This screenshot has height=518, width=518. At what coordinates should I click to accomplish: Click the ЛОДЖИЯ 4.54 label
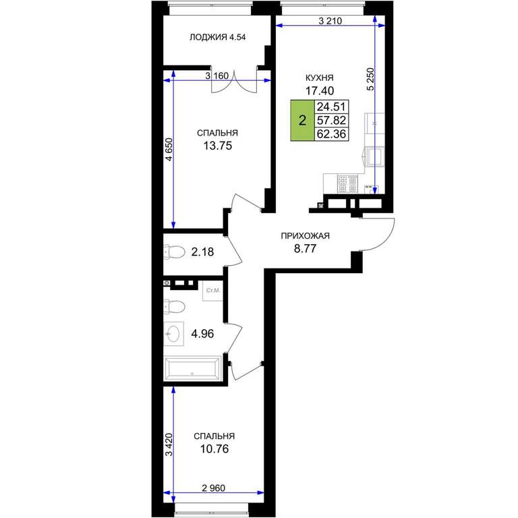click(x=217, y=37)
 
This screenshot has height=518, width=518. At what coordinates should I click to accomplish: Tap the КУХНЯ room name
click(x=320, y=78)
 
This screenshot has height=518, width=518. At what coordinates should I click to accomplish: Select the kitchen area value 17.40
click(x=320, y=90)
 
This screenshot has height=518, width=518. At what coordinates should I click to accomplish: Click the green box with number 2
click(x=302, y=121)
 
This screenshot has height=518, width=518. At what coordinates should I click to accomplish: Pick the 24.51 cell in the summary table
click(x=331, y=107)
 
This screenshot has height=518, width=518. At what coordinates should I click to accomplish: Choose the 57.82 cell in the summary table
click(x=331, y=120)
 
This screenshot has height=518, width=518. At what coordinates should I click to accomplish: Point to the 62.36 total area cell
click(x=331, y=134)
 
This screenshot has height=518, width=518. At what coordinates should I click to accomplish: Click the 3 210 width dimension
click(x=330, y=21)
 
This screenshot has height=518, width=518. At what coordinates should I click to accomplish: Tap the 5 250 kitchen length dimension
click(x=371, y=79)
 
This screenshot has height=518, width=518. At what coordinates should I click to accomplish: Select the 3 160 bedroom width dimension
click(x=217, y=76)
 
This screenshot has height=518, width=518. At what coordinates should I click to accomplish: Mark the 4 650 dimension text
click(x=169, y=149)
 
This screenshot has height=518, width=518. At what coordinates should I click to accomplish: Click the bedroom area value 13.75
click(x=217, y=146)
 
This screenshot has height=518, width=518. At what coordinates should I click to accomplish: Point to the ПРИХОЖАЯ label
click(x=306, y=236)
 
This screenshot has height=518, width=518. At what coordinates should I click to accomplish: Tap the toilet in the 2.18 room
click(x=174, y=252)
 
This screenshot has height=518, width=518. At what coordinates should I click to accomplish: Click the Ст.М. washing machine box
click(x=212, y=291)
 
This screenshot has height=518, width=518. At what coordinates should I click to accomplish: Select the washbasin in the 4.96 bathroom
click(x=173, y=334)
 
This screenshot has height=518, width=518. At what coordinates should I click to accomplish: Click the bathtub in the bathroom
click(x=192, y=368)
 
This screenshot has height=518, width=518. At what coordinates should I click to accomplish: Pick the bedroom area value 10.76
click(x=214, y=449)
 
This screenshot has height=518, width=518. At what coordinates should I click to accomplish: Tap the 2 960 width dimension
click(x=213, y=488)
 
